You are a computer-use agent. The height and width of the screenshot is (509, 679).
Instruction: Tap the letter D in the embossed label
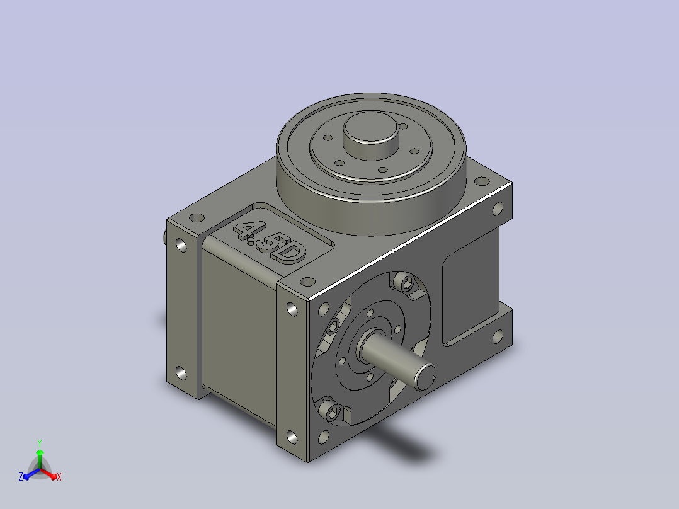[290, 254]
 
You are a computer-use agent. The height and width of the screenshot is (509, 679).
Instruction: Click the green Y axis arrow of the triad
[40, 459]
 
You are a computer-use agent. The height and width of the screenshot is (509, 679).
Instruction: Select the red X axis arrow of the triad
[48, 474]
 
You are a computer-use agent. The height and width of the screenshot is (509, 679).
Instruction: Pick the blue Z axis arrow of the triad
[31, 474]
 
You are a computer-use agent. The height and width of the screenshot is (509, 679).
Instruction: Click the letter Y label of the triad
[40, 443]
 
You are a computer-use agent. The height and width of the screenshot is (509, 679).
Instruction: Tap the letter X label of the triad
[59, 477]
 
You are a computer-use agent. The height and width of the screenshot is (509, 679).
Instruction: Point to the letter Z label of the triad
[21, 477]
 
